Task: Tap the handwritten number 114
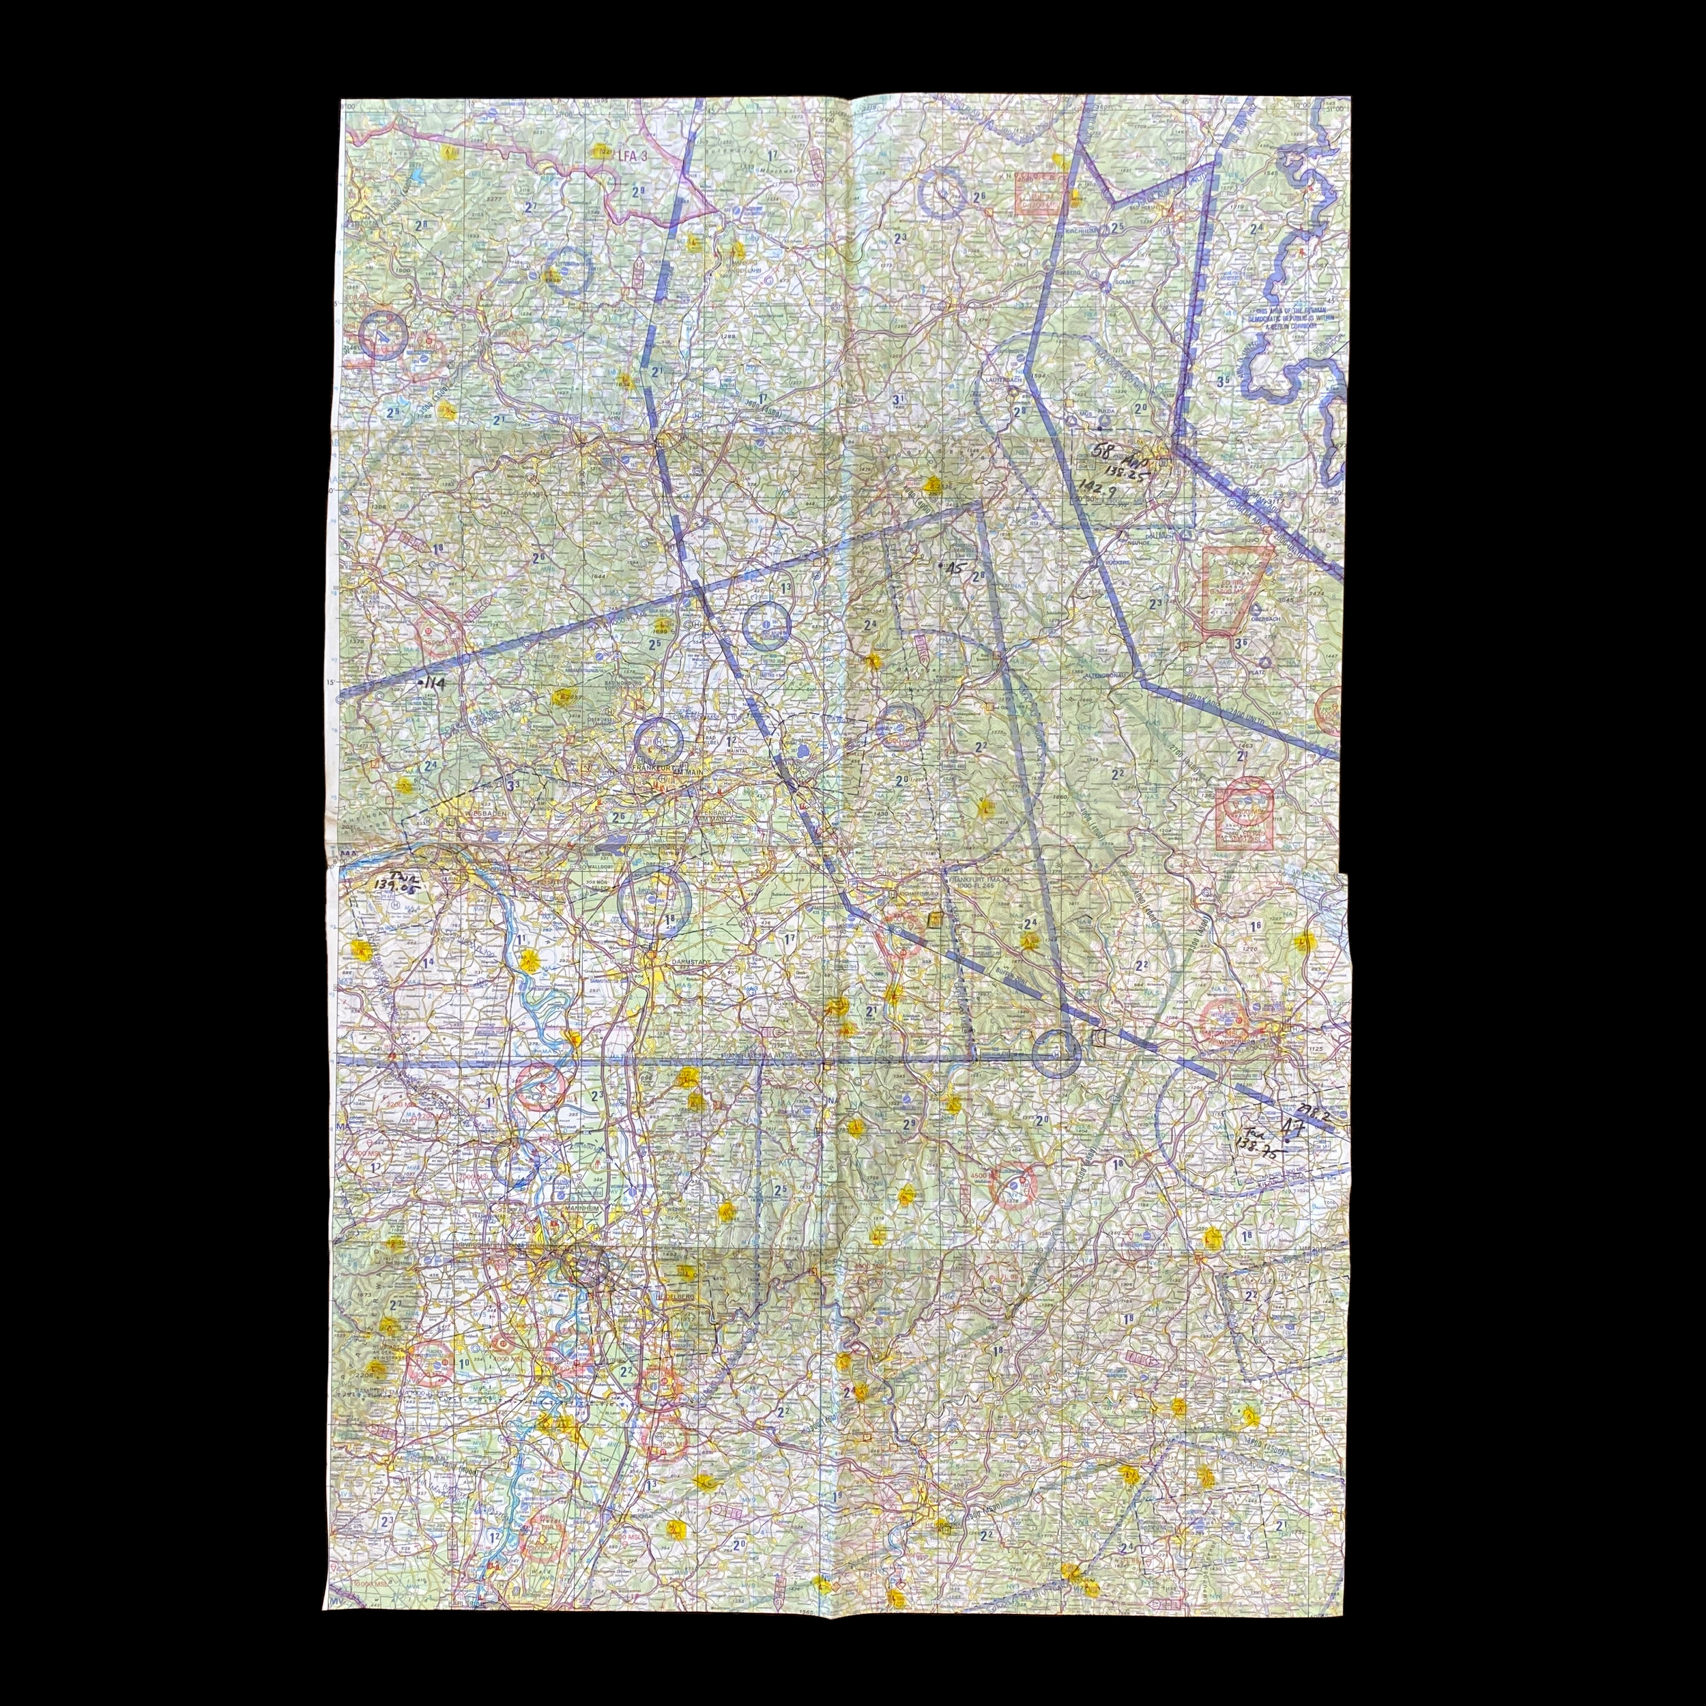coord(431,682)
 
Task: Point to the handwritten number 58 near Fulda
coord(1103,450)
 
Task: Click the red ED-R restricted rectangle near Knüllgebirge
coord(1039,196)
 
